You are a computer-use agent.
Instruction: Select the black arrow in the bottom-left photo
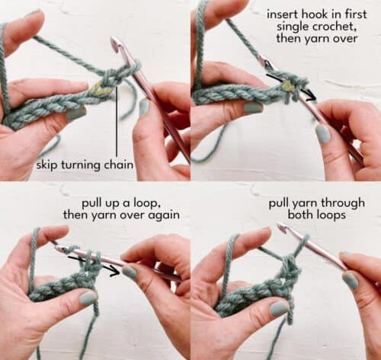[x=98, y=263]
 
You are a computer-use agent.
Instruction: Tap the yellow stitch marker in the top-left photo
[x=99, y=90]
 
